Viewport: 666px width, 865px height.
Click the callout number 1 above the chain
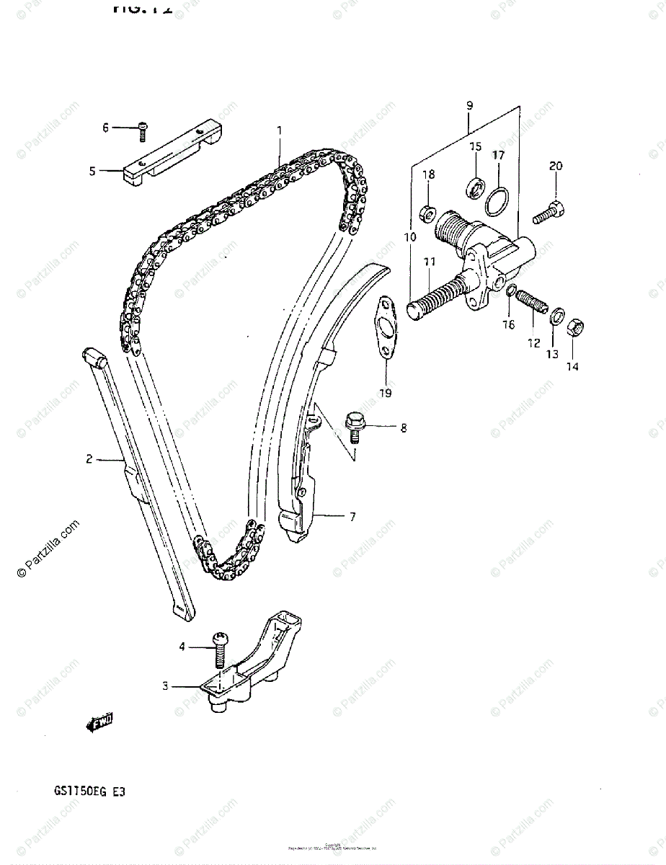(x=279, y=130)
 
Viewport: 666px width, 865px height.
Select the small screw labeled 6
(x=143, y=129)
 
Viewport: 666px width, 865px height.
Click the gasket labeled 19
(x=384, y=328)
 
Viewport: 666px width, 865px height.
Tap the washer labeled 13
(x=556, y=316)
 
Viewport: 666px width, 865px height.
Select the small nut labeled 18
(x=426, y=213)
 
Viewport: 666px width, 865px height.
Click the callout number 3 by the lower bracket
(x=165, y=686)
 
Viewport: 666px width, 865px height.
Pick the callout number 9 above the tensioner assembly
(x=469, y=106)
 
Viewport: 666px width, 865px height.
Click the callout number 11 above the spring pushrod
(x=430, y=262)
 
